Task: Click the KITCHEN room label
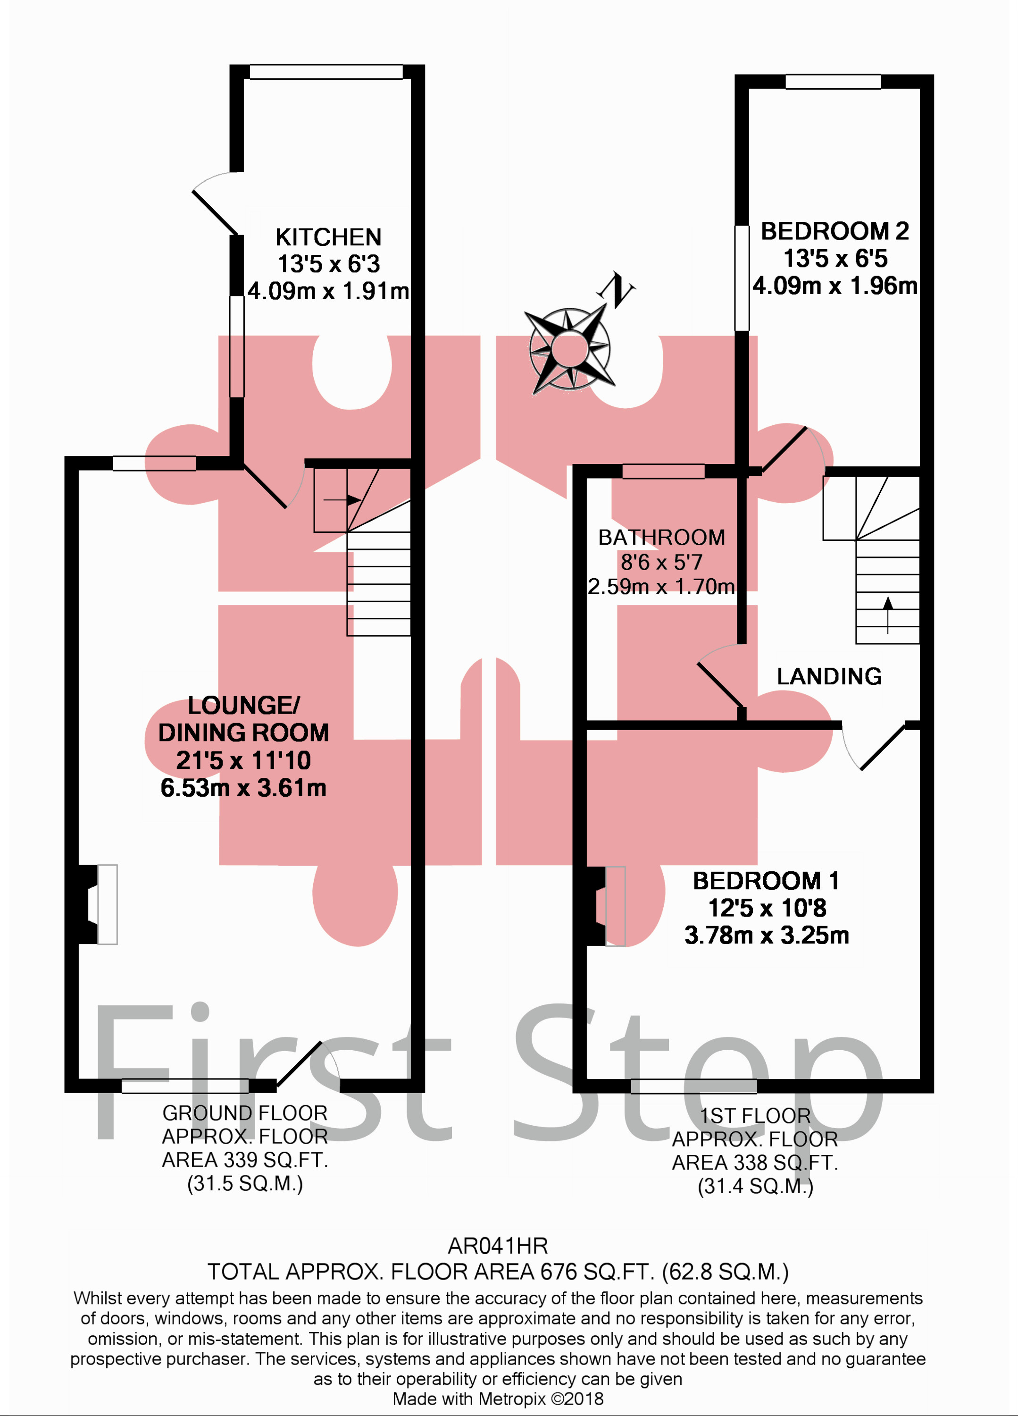(328, 237)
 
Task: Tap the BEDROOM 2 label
(834, 231)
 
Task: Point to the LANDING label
(829, 676)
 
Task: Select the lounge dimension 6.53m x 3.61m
(243, 788)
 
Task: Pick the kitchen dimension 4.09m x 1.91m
(328, 291)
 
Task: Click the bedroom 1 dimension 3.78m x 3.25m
(767, 935)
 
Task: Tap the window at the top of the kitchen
(326, 72)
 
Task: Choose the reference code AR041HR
(498, 1246)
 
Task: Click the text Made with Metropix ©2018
(498, 1399)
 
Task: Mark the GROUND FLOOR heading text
(245, 1113)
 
